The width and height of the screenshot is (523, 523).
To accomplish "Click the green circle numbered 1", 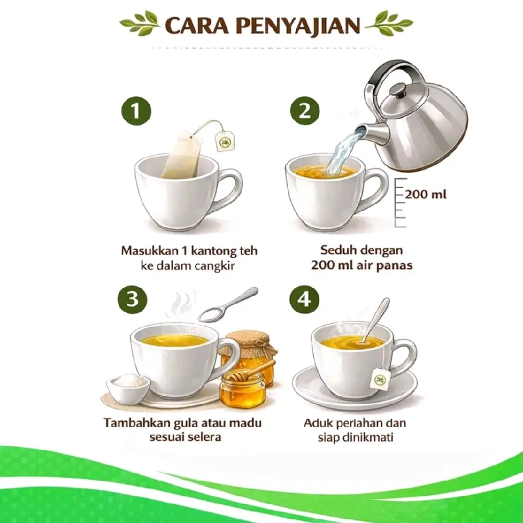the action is (x=136, y=111).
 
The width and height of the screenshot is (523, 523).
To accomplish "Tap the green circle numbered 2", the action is (x=304, y=111).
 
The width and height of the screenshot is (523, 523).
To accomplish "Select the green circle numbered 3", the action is (x=133, y=299).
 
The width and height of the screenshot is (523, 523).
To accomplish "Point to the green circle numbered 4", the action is (x=304, y=299).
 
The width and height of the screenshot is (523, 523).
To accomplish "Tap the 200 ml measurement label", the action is (x=426, y=194).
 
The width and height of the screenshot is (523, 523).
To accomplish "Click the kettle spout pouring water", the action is (x=372, y=132).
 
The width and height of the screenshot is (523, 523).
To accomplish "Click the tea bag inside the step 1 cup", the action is (x=183, y=154).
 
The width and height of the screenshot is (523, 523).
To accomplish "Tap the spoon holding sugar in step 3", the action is (x=228, y=305).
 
